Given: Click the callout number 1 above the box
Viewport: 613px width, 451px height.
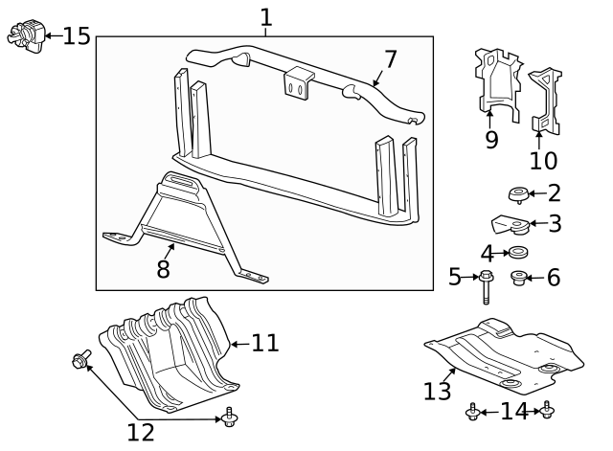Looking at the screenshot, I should pyautogui.click(x=265, y=17).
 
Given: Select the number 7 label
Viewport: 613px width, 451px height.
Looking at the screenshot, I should pyautogui.click(x=390, y=58).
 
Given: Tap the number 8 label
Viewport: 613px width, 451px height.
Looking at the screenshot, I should pyautogui.click(x=163, y=269).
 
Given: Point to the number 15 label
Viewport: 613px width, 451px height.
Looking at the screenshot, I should pyautogui.click(x=76, y=36).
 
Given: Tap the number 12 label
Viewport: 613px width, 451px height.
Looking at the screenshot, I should pyautogui.click(x=141, y=432).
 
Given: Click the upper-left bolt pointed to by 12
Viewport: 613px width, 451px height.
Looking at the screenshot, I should pyautogui.click(x=80, y=360).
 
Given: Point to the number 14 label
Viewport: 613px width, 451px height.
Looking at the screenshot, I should pyautogui.click(x=514, y=412).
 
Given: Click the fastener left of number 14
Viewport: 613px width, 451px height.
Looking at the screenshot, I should pyautogui.click(x=472, y=412).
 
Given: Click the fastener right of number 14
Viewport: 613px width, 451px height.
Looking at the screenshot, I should pyautogui.click(x=547, y=411).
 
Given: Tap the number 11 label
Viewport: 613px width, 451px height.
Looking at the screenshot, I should pyautogui.click(x=264, y=342).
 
